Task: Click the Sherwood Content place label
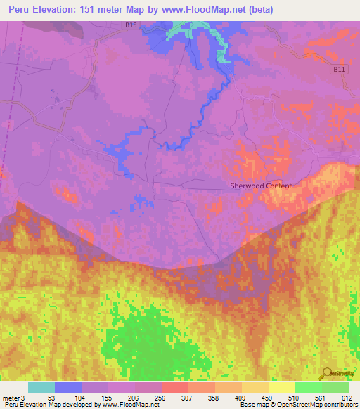[260, 186]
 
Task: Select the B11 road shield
[340, 70]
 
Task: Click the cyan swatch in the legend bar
[41, 387]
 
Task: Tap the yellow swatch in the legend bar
[282, 387]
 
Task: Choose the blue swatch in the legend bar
[68, 387]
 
